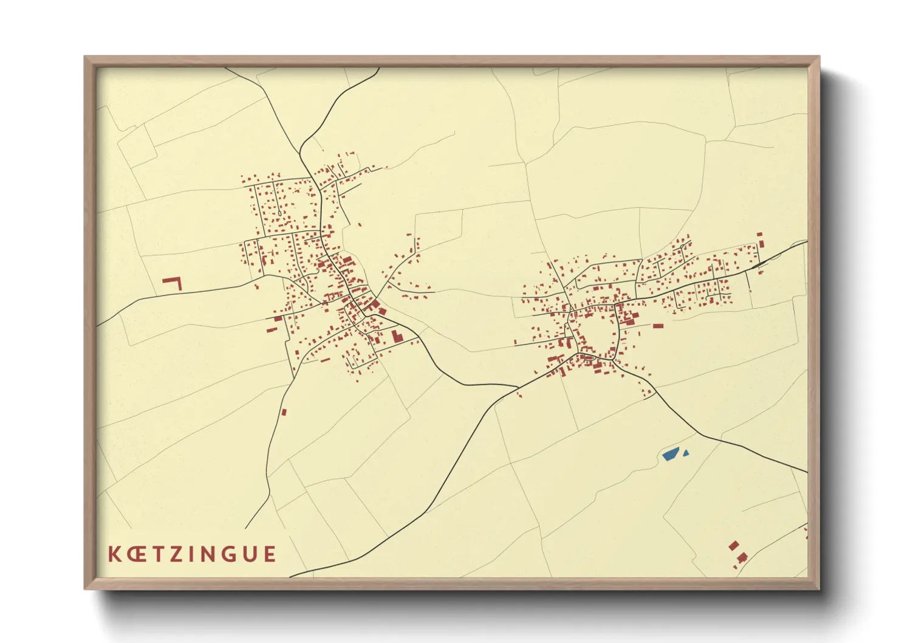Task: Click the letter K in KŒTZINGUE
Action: (114, 554)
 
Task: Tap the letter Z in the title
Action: (176, 554)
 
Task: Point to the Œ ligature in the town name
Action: (135, 554)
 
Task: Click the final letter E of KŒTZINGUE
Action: (268, 554)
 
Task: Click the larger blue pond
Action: (671, 454)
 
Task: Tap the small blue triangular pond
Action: (686, 453)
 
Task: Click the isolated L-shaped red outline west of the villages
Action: (173, 282)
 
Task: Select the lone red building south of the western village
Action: (284, 412)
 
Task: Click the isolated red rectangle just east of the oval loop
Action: (658, 326)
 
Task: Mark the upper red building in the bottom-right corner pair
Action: (734, 545)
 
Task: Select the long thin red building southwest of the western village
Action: (272, 330)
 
